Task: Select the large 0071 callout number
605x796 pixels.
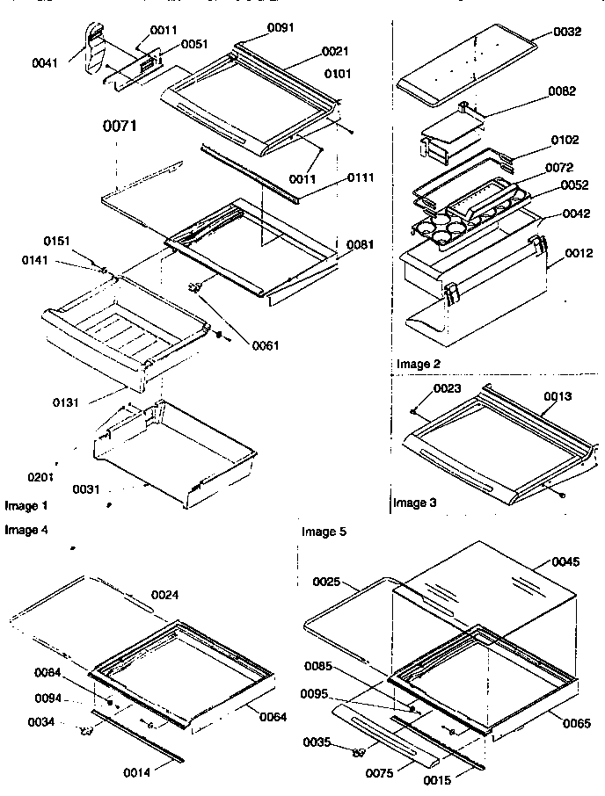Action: (120, 127)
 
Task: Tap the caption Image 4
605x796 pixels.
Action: (26, 530)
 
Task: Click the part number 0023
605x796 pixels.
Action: (446, 388)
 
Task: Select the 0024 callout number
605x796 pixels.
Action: (165, 594)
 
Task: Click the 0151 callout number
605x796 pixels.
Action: (57, 241)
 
